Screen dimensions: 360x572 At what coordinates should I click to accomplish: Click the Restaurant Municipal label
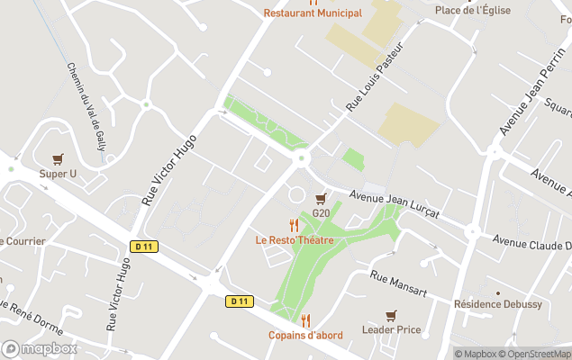tap(313, 13)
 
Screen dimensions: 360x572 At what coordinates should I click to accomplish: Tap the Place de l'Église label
tap(472, 10)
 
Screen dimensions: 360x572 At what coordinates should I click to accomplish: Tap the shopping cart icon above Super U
tap(59, 159)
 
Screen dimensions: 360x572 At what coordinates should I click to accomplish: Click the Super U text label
tap(58, 174)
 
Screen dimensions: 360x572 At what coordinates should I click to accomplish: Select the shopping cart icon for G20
tap(321, 199)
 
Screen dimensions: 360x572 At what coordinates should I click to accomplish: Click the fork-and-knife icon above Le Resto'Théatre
tap(294, 225)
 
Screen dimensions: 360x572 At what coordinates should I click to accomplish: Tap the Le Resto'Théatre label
tap(295, 240)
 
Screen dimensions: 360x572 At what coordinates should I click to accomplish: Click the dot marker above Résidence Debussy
tap(498, 292)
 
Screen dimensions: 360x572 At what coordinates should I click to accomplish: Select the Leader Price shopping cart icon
tap(390, 316)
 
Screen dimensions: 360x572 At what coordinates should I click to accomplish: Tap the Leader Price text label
tap(390, 330)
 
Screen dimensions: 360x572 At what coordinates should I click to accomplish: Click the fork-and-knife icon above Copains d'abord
tap(305, 320)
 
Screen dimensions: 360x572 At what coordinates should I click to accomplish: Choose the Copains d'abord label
tap(305, 336)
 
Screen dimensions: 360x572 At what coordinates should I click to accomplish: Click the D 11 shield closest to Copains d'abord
tap(239, 301)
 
